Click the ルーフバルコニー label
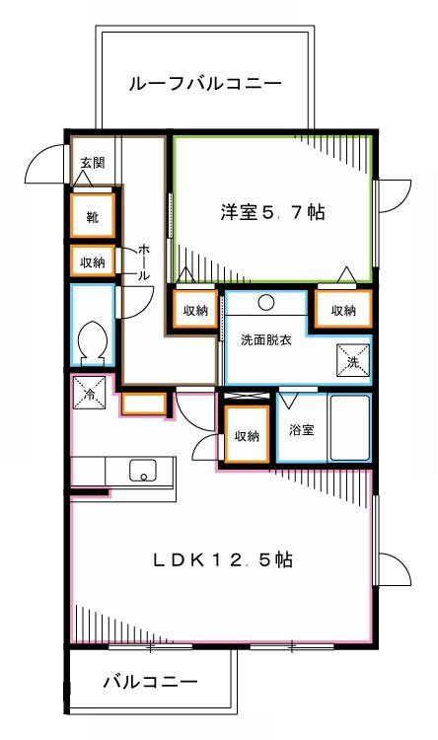point(204,84)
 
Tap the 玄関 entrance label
point(92,163)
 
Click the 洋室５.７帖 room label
point(272,211)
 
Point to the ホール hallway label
point(144,262)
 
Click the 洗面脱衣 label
point(265,340)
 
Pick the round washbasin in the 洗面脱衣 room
point(269,303)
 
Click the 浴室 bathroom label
point(302,430)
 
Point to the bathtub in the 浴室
point(349,429)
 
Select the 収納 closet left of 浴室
point(246,435)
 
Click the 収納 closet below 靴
point(93,261)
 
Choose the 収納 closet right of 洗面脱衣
point(343,310)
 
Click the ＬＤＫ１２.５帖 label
point(222,559)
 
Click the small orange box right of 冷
point(143,405)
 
